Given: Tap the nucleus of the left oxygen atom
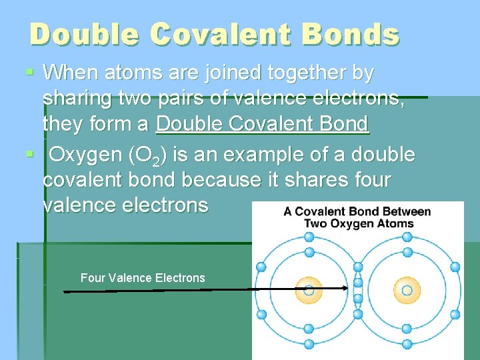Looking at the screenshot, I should point(309,290).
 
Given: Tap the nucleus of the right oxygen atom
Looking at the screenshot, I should point(407,290).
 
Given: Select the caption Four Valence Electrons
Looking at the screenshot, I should point(143,278).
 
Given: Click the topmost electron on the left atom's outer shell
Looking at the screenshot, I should point(309,235).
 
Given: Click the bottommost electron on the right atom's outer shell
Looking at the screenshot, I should point(407,345).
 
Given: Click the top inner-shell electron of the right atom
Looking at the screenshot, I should point(407,253).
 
